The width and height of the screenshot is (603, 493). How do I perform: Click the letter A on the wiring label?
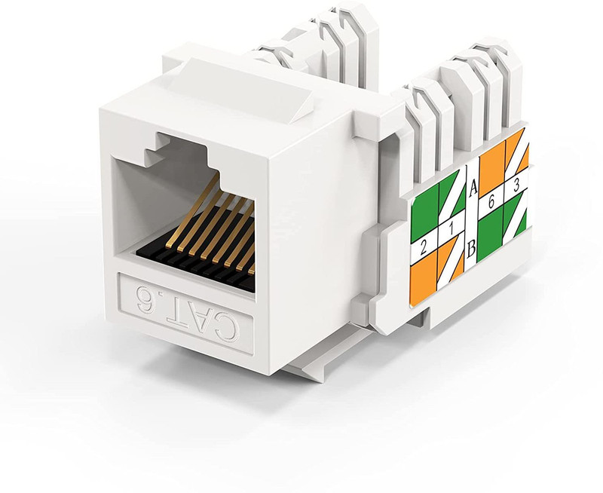point(473,188)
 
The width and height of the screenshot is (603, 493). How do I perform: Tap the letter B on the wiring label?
point(471,250)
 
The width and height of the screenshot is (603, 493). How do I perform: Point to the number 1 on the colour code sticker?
point(451,228)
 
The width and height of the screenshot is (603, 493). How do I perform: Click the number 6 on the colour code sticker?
point(491,202)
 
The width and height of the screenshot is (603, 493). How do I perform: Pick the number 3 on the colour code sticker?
point(516,185)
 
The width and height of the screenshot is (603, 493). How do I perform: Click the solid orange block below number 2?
point(423,284)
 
